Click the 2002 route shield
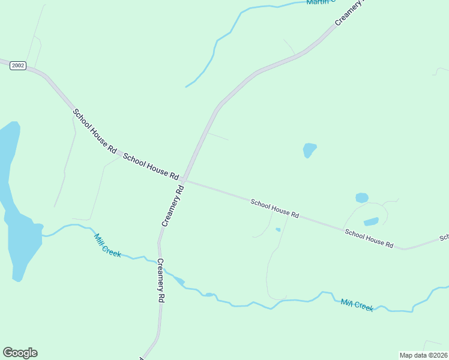pos(18,65)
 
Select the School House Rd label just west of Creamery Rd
pos(151,166)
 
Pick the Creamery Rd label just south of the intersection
pos(172,206)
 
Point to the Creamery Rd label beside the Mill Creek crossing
pos(160,280)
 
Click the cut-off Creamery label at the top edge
pos(349,12)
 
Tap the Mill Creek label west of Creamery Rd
pos(107,245)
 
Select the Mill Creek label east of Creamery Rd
pos(357,305)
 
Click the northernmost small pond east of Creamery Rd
pos(309,149)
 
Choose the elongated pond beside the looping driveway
pos(371,221)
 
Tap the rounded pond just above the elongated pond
pos(361,197)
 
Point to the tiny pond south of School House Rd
pos(278,229)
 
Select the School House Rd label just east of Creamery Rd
pos(274,209)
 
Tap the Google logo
pos(20,353)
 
